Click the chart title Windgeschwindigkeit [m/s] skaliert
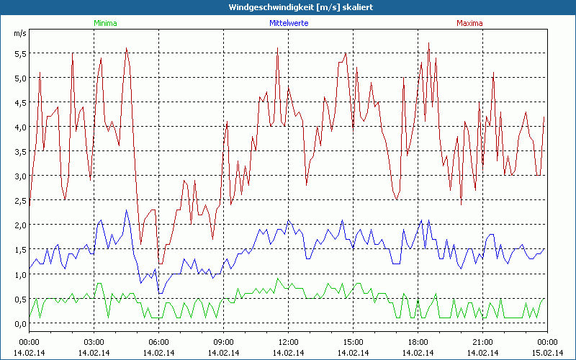[x=287, y=7]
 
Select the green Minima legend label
[x=105, y=23]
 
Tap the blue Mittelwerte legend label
[x=288, y=23]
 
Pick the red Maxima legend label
[x=470, y=23]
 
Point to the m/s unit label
[x=19, y=33]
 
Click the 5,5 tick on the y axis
[x=19, y=53]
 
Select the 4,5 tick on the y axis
[x=19, y=102]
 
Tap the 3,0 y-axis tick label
[x=19, y=176]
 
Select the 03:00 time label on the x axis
[x=94, y=341]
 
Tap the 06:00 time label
[x=159, y=341]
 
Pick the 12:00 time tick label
[x=288, y=341]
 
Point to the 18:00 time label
[x=418, y=341]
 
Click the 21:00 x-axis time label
[x=482, y=341]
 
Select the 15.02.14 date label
[x=547, y=352]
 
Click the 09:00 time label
[x=223, y=341]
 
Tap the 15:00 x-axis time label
[x=353, y=341]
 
